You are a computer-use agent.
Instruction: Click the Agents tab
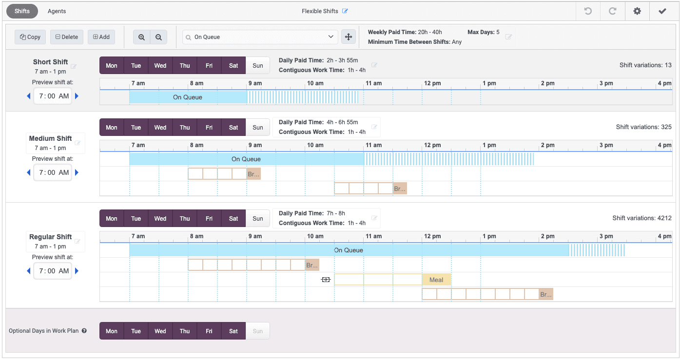[57, 11]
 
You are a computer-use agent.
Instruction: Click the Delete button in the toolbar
[66, 37]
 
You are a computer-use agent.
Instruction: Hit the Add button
[101, 37]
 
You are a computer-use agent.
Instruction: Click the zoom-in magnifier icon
[141, 37]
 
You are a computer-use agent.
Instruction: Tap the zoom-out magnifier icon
[158, 37]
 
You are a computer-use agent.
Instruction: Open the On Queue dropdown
[260, 37]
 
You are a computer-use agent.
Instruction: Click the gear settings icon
[637, 11]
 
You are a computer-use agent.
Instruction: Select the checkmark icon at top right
[662, 11]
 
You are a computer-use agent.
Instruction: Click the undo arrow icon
[588, 11]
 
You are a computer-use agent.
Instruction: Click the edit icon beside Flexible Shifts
[345, 11]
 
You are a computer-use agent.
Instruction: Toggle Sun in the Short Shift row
[258, 66]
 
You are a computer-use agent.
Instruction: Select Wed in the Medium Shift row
[160, 128]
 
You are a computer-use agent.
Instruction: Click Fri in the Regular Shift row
[209, 219]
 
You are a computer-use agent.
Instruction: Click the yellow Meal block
[436, 280]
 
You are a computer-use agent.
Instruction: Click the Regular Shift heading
[51, 237]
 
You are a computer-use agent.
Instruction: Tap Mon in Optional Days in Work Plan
[112, 331]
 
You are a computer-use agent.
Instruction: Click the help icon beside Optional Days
[84, 331]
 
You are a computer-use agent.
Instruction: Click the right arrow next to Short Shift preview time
[77, 96]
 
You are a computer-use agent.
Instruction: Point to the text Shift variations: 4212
[642, 218]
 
